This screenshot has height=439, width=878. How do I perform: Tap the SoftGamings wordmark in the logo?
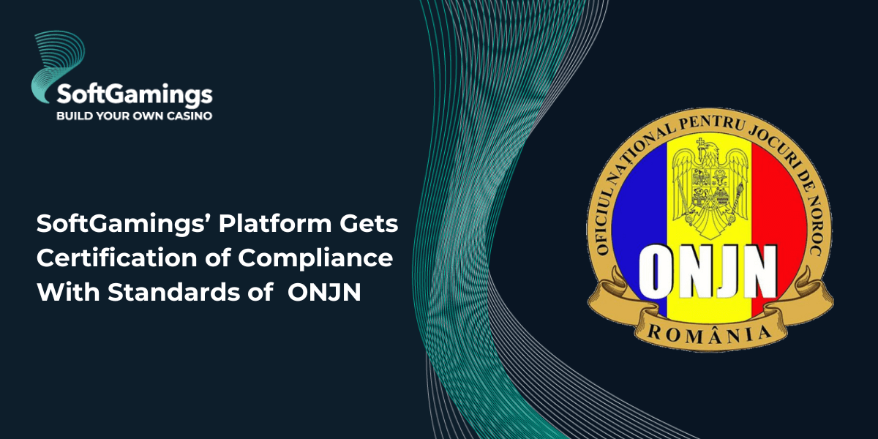(x=135, y=94)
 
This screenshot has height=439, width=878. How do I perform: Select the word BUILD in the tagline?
(x=70, y=116)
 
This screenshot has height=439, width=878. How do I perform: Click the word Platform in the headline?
(x=275, y=223)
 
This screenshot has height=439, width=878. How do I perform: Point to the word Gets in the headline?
(x=369, y=224)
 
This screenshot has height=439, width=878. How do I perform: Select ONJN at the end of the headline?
(x=324, y=293)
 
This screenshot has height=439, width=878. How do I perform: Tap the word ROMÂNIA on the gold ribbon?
(x=709, y=334)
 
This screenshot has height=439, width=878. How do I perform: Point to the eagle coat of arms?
(x=709, y=189)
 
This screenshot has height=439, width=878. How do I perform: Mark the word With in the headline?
(x=69, y=292)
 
